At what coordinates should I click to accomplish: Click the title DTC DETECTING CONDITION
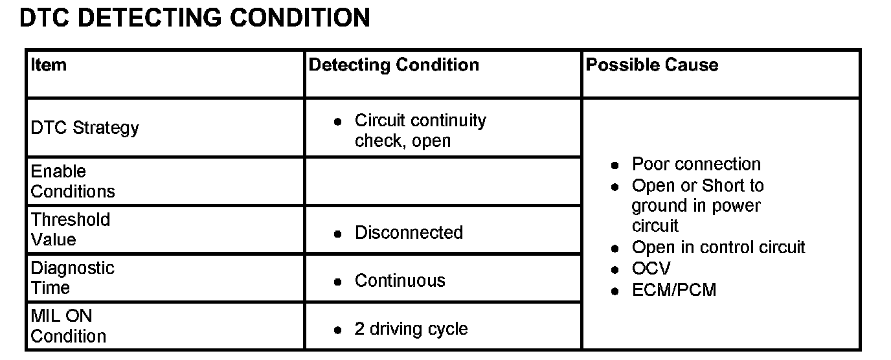194,17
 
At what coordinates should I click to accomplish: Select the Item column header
49,65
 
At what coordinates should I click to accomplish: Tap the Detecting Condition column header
394,65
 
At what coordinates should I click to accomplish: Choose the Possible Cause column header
651,65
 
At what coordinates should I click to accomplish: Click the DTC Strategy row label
84,128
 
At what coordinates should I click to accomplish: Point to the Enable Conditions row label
73,181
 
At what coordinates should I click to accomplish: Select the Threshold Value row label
71,229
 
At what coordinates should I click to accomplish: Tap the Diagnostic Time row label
73,278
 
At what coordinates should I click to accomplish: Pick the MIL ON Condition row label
68,326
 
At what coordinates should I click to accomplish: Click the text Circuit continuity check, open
420,130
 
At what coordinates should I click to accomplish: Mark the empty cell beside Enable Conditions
443,181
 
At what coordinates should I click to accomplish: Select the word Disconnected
409,232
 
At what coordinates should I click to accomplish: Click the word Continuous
400,280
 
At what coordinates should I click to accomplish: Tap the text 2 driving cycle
411,329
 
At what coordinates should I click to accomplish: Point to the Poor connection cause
696,164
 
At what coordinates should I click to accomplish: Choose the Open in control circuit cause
718,247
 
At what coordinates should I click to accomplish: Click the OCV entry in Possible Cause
651,268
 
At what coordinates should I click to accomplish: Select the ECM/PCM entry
674,289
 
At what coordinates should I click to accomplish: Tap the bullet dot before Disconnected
337,233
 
